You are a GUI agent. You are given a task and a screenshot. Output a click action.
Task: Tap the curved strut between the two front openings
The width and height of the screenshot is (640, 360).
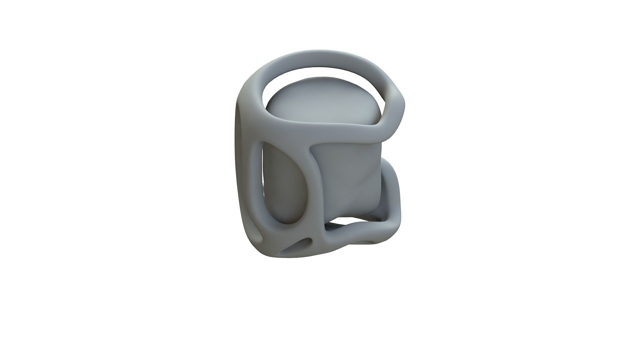tap(317, 187)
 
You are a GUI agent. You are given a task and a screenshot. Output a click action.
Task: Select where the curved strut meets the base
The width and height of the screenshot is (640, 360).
tap(322, 233)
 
